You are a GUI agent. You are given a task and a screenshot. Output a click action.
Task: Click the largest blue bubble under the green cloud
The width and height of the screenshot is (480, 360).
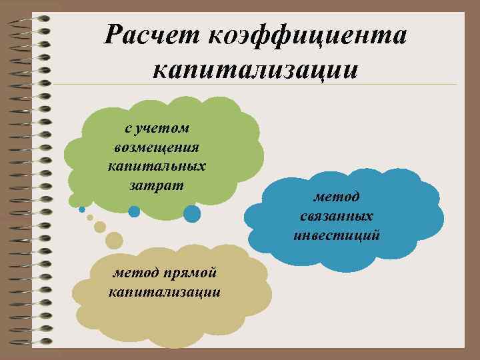(192, 213)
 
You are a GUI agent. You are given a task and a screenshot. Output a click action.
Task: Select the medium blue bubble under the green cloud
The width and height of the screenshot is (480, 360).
(134, 211)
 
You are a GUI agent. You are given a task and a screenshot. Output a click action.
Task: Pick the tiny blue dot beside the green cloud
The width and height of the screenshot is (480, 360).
(82, 209)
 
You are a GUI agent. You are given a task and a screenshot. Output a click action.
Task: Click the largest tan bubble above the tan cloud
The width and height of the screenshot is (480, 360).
(114, 239)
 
